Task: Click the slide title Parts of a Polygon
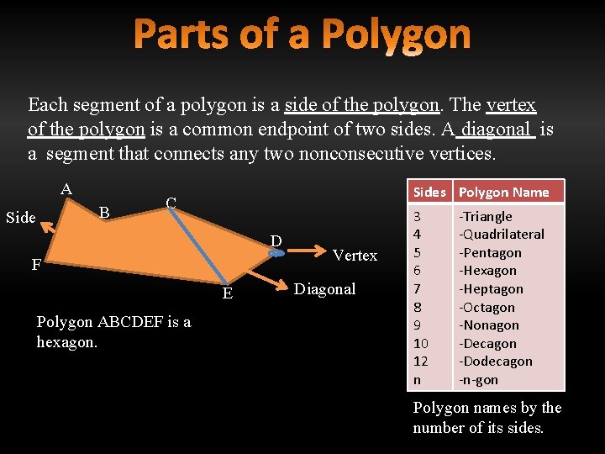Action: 302,35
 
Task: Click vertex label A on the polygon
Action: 66,188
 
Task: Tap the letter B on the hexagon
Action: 104,211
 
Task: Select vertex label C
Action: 171,203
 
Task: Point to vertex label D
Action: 275,242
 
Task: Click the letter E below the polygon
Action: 227,293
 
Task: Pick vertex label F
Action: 36,266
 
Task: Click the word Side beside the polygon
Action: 20,218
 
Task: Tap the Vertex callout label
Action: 355,255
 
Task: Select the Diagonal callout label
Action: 325,289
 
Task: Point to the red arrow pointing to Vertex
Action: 304,251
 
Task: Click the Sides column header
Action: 429,192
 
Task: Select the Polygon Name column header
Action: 503,192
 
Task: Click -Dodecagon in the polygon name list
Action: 495,362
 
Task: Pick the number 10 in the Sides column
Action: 421,343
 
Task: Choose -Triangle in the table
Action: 487,216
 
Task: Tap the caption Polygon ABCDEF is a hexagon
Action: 113,331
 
